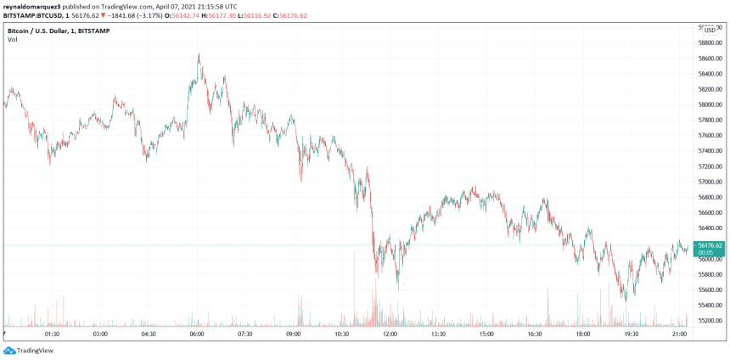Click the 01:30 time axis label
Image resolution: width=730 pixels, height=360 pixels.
click(51, 335)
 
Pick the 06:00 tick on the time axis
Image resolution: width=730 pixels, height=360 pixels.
click(197, 335)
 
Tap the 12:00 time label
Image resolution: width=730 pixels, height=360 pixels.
click(390, 335)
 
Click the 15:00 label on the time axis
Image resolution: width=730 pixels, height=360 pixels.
click(487, 335)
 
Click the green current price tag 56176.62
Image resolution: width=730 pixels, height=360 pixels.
click(710, 246)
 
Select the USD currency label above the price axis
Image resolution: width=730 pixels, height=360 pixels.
click(710, 30)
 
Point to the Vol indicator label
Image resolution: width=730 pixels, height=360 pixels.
click(13, 40)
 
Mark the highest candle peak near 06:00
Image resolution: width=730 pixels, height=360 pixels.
click(199, 54)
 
